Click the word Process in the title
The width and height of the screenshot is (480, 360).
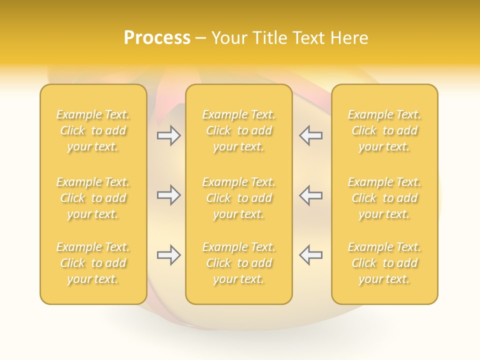click(157, 38)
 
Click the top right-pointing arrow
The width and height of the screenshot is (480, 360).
click(168, 135)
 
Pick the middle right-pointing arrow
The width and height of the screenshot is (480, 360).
click(168, 195)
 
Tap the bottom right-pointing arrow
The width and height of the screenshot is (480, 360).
click(168, 255)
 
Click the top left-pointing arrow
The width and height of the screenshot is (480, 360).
click(310, 135)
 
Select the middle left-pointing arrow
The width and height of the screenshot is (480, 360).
click(310, 195)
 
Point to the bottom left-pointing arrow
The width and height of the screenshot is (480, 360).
click(310, 255)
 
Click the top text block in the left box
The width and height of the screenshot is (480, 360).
click(93, 130)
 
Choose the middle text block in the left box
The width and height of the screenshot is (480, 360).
click(93, 198)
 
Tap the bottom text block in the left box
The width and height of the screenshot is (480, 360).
click(93, 263)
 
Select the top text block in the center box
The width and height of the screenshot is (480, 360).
click(239, 130)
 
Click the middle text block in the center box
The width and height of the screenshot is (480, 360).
click(239, 198)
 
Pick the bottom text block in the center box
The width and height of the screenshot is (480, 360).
click(239, 263)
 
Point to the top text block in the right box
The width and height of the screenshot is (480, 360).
click(384, 130)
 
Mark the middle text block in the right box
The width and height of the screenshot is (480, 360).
click(384, 198)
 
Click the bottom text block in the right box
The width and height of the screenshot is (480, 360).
click(384, 263)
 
